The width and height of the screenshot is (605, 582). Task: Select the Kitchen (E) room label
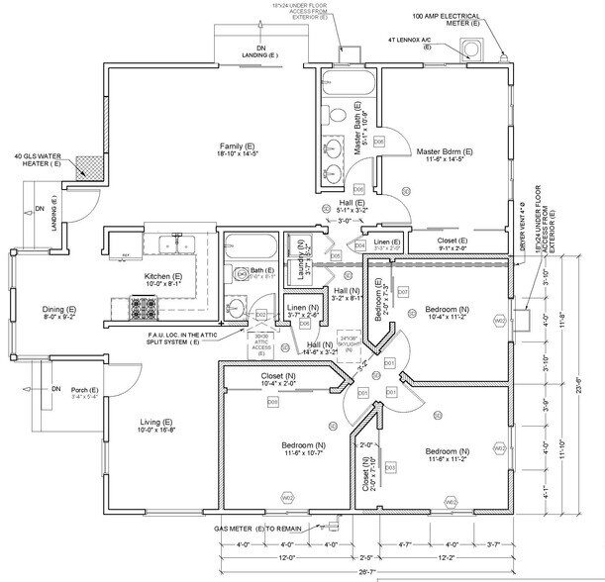(x=163, y=276)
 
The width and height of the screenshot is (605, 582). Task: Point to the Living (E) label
(x=157, y=425)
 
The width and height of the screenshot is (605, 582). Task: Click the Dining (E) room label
(x=58, y=311)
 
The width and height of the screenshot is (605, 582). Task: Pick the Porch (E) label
(x=85, y=390)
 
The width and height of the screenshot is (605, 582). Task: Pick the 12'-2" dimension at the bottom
(x=444, y=557)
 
